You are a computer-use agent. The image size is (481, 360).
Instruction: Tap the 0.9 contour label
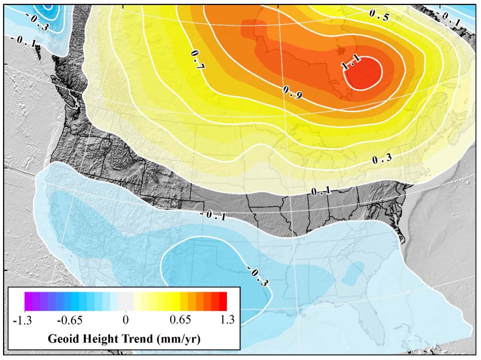coord(292,93)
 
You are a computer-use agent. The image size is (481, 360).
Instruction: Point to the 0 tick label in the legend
coord(125,320)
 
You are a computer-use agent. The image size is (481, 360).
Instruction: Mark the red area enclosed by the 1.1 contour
coord(365,75)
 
